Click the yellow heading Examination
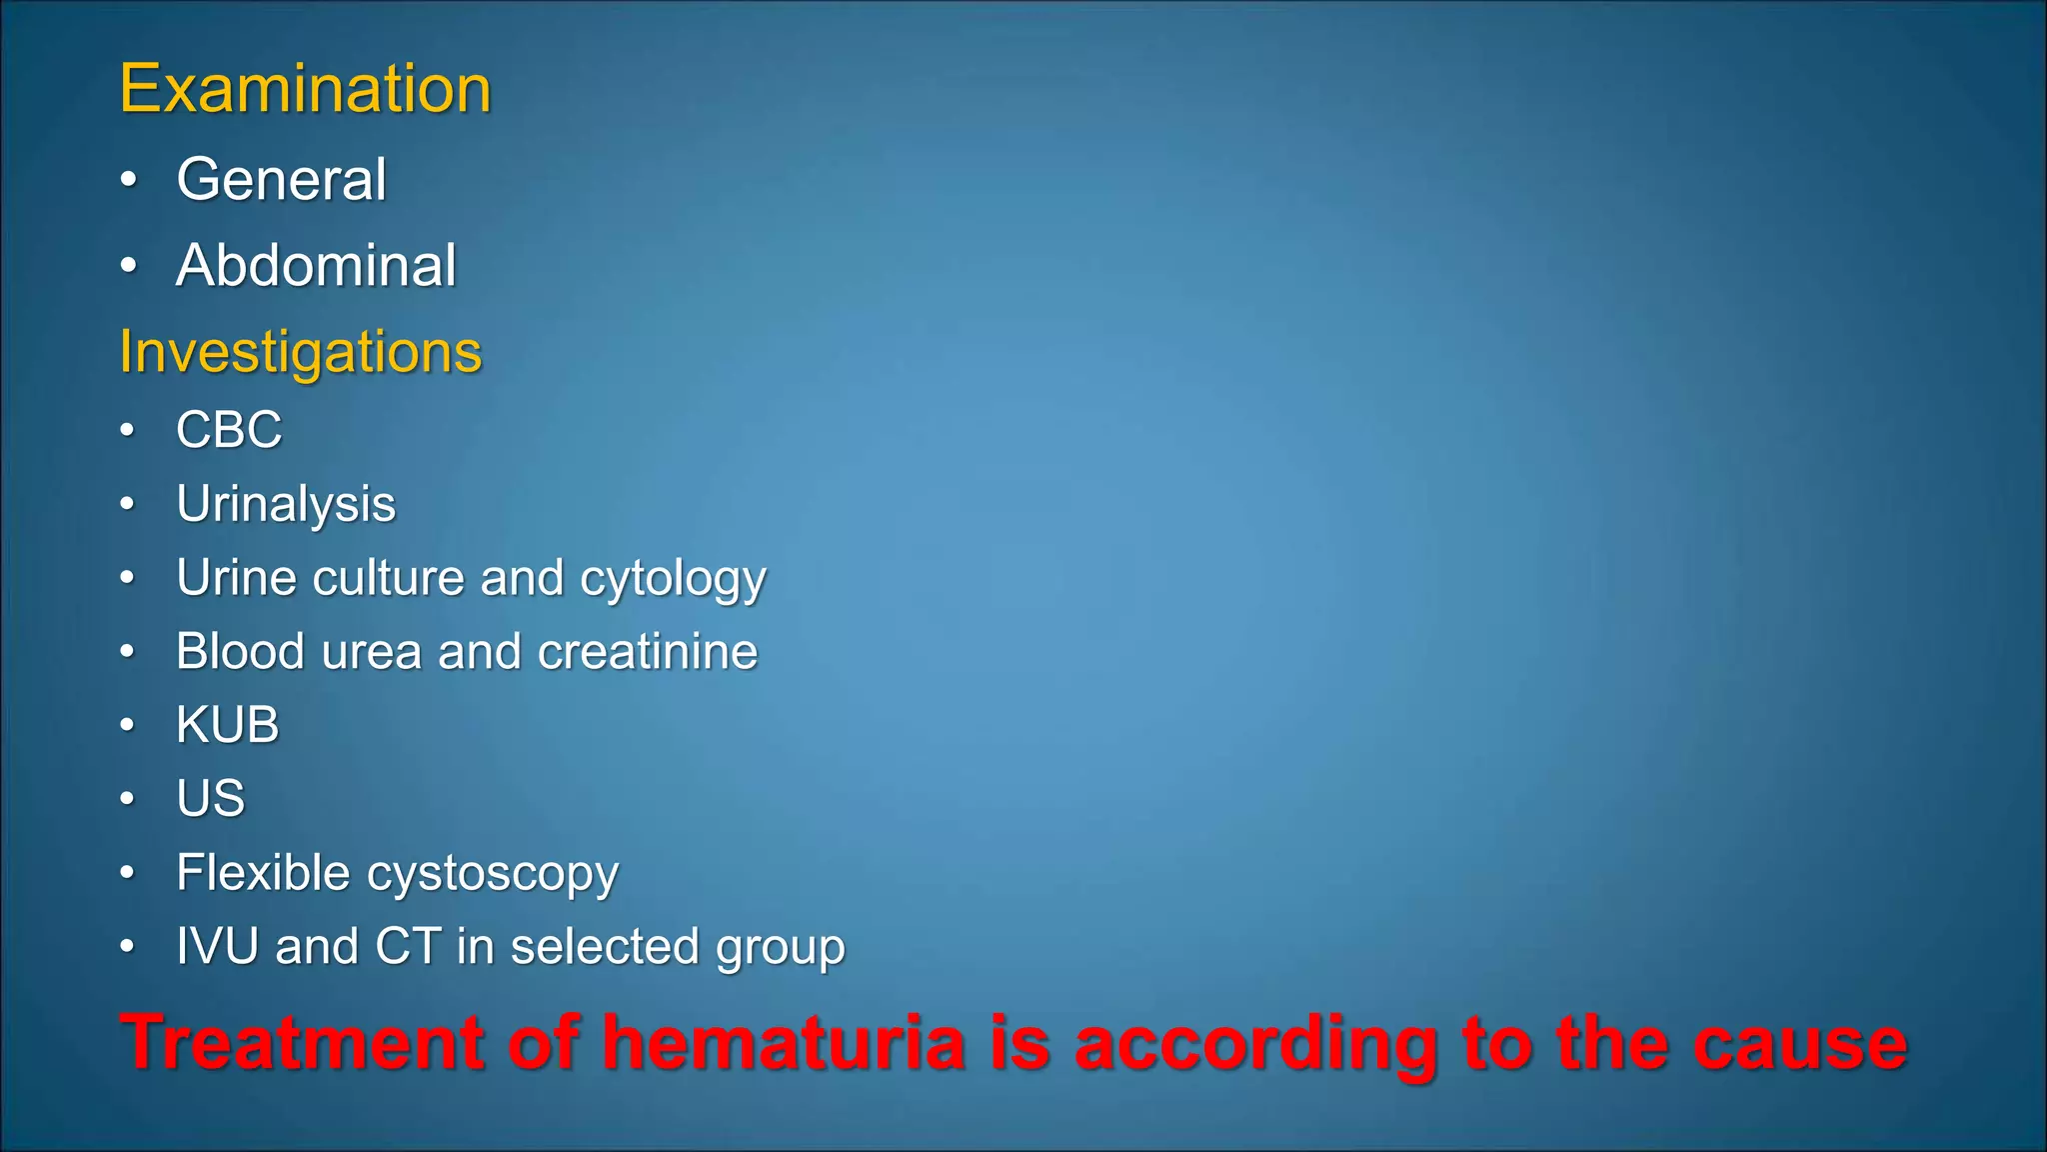[x=305, y=89]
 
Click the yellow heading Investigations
[x=300, y=352]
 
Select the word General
[x=281, y=180]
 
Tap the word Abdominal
[x=316, y=266]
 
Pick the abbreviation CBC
[x=229, y=431]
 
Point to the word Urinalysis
[x=286, y=504]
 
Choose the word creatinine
[x=648, y=652]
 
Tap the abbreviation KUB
[x=228, y=725]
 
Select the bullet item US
[x=211, y=799]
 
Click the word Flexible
[x=263, y=872]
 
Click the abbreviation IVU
[x=217, y=946]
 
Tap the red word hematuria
[x=784, y=1043]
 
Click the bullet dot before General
[x=128, y=180]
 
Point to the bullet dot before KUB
[x=127, y=724]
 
